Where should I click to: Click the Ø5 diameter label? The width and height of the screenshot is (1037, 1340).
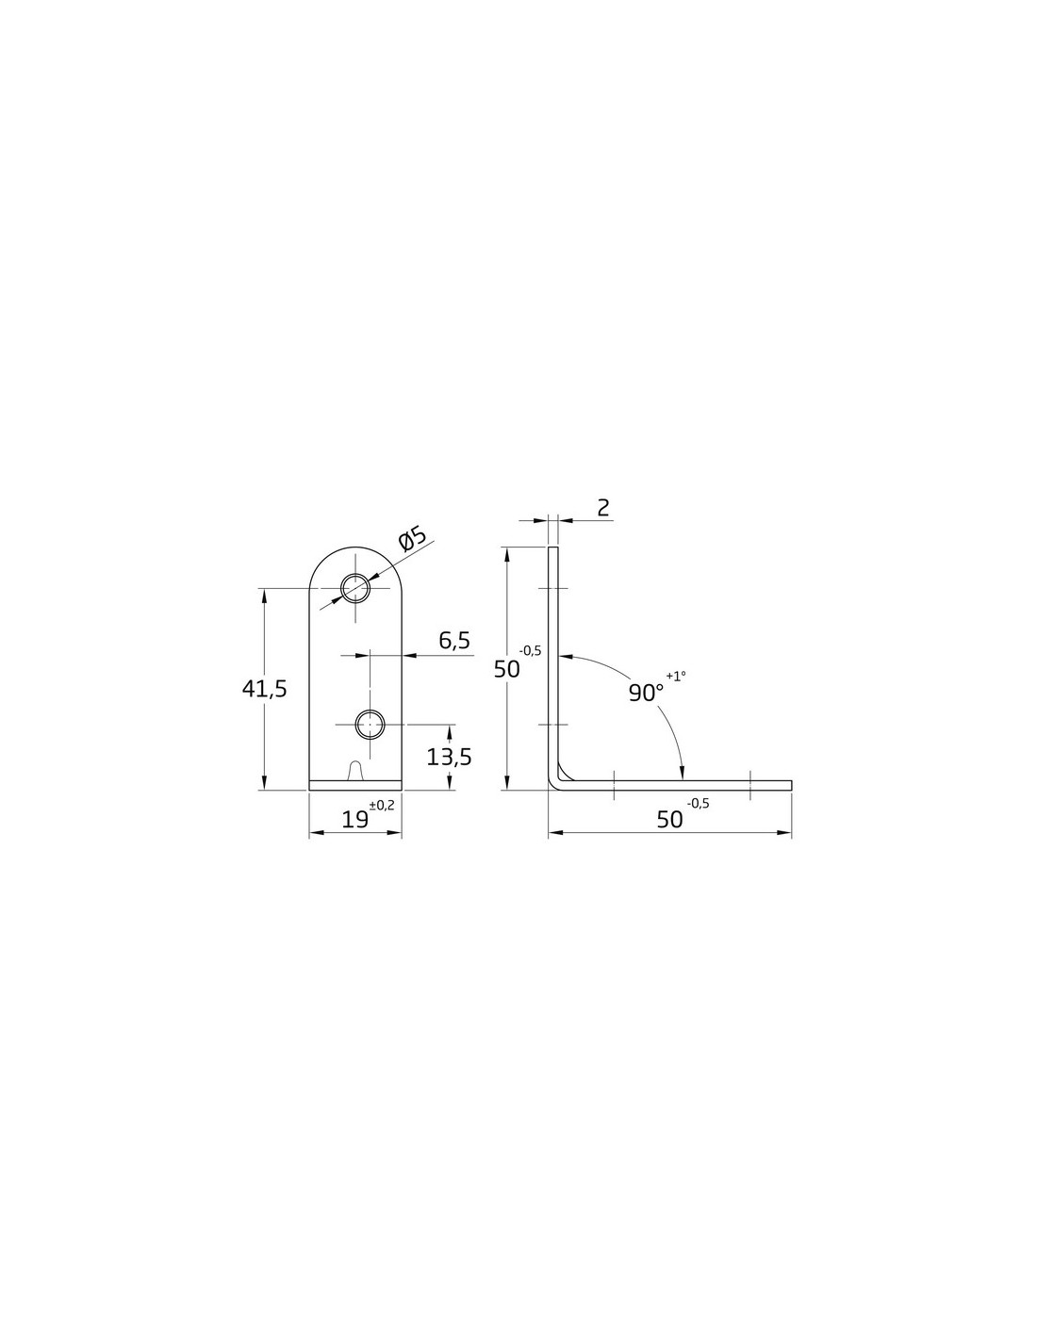pos(413,538)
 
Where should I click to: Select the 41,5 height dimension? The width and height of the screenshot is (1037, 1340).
pos(265,689)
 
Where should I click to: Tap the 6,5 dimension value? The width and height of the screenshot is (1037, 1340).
pos(454,641)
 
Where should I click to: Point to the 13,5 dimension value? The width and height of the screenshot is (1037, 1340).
pos(449,757)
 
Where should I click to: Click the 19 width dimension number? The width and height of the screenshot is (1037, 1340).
pos(354,820)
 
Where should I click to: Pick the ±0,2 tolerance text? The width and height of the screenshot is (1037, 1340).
pos(382,805)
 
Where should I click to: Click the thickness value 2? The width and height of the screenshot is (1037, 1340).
pos(603,508)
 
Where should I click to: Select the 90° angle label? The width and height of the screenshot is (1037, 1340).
pos(646,693)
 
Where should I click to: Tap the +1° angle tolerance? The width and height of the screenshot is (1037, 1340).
pos(676,676)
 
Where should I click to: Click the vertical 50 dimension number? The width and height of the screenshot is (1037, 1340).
pos(507,669)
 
